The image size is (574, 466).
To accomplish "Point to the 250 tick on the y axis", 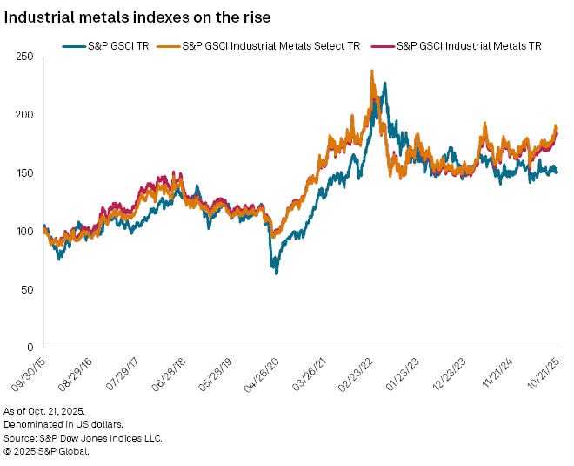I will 25,57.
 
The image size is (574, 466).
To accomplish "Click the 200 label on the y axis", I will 25,115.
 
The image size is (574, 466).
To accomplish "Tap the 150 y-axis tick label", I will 25,173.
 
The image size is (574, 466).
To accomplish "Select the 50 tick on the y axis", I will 28,289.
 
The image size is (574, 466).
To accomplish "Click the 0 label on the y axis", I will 30,348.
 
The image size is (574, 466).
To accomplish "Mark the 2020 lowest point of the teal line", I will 277,274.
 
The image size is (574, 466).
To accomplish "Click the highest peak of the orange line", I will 372,71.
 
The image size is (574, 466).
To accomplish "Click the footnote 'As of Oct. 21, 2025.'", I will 50,410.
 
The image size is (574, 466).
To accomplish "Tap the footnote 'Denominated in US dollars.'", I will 65,424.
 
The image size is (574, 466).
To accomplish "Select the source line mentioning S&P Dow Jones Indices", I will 83,438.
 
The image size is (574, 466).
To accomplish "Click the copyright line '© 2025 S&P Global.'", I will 47,452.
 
